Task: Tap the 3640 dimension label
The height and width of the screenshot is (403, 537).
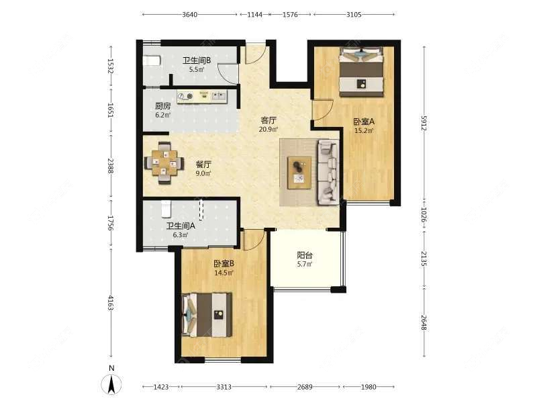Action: (x=189, y=14)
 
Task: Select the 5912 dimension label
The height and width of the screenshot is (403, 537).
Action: (x=424, y=123)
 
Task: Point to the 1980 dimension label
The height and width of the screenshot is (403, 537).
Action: (x=368, y=387)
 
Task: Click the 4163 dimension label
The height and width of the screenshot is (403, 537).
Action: (x=111, y=303)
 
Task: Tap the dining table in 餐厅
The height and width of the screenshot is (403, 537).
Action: (x=164, y=163)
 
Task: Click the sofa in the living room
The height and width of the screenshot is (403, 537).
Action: (x=328, y=172)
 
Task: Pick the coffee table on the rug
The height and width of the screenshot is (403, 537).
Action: (x=299, y=173)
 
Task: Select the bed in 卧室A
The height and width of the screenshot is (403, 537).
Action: (x=361, y=72)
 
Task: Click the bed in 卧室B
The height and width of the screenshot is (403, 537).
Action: (x=207, y=314)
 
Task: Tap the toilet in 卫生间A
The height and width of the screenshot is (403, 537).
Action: (x=166, y=209)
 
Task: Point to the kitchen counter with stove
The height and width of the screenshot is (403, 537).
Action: (x=202, y=96)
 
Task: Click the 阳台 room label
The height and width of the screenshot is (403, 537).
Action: (x=305, y=255)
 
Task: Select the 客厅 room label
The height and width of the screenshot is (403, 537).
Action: (x=268, y=120)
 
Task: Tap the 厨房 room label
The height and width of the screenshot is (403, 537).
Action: (x=162, y=106)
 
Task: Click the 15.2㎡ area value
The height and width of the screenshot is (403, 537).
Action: (x=364, y=130)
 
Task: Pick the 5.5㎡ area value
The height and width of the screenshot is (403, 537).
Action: (x=197, y=69)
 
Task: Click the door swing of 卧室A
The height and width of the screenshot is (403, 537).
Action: (x=323, y=109)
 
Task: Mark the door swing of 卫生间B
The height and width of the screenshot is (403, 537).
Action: (x=228, y=74)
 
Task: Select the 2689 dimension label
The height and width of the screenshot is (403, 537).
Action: (x=305, y=387)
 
